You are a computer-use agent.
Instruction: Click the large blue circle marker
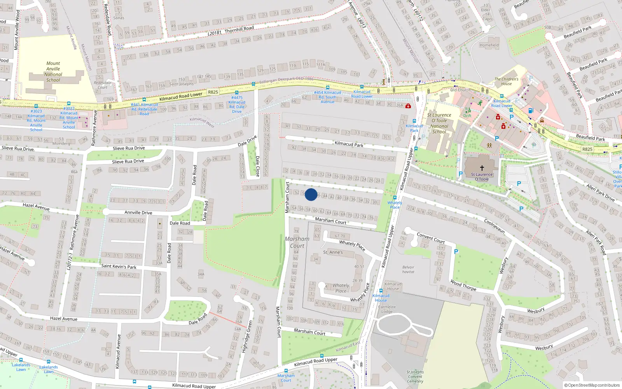(x=311, y=194)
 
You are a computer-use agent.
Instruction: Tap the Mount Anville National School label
(x=53, y=72)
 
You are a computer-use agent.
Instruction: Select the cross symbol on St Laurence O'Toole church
(x=482, y=168)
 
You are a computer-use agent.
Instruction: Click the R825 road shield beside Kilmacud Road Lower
(x=213, y=92)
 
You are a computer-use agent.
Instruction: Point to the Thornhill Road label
(x=239, y=29)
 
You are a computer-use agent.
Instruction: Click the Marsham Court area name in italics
(x=297, y=242)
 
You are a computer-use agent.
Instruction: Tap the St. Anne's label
(x=333, y=252)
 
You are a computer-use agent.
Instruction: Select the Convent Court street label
(x=431, y=238)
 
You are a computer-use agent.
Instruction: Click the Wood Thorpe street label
(x=463, y=285)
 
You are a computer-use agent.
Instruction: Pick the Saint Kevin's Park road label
(x=119, y=266)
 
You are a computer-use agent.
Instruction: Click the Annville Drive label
(x=138, y=212)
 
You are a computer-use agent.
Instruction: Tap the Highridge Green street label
(x=247, y=336)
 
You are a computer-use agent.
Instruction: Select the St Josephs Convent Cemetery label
(x=415, y=377)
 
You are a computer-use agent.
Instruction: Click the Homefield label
(x=489, y=45)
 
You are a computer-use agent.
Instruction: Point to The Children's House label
(x=506, y=81)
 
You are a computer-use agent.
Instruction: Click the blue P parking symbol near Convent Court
(x=456, y=252)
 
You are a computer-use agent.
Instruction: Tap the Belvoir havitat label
(x=408, y=270)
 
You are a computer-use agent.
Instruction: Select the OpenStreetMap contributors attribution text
(x=592, y=385)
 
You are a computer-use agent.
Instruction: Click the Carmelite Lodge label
(x=387, y=309)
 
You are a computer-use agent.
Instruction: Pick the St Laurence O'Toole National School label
(x=439, y=123)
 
